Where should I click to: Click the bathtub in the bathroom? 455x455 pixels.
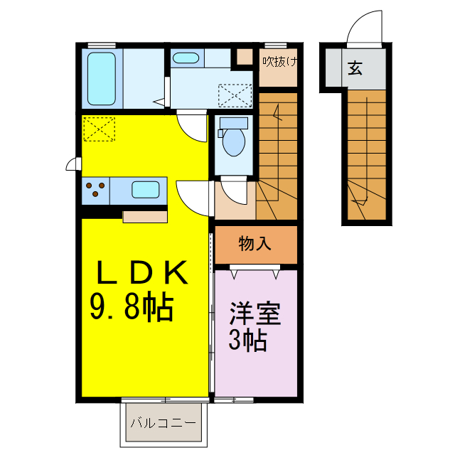[x=102, y=77]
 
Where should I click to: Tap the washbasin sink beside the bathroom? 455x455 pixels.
[x=186, y=58]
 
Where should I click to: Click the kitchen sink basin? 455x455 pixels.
[x=146, y=189]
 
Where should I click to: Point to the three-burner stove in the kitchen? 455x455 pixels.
[x=96, y=190]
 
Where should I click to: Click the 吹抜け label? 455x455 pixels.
[x=278, y=61]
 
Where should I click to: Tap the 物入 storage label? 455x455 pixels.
[x=255, y=244]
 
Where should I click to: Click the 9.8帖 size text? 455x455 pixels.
[x=132, y=307]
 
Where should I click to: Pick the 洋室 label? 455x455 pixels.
[x=255, y=314]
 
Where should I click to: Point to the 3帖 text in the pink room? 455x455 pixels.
[x=247, y=341]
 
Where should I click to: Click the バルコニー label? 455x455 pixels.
[x=163, y=423]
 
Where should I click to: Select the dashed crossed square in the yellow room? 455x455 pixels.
[x=98, y=129]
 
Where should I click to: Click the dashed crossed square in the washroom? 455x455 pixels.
[x=235, y=95]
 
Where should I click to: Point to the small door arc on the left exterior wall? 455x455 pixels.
[x=72, y=165]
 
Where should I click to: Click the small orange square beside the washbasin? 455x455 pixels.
[x=244, y=57]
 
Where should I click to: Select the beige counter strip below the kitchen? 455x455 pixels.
[x=145, y=216]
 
